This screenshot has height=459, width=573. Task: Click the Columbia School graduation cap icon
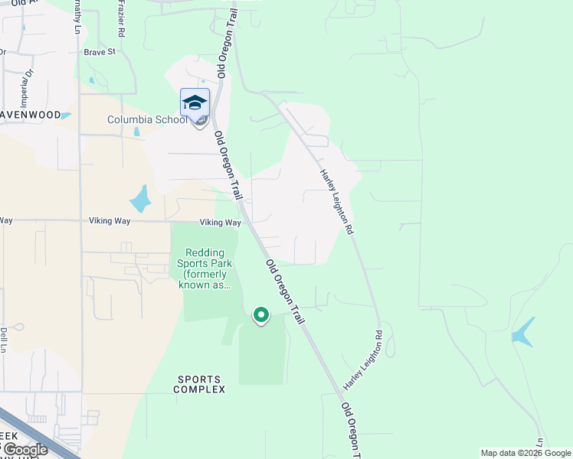click(x=195, y=103)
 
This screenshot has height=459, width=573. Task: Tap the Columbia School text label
click(x=146, y=119)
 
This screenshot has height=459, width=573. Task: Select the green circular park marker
click(x=261, y=314)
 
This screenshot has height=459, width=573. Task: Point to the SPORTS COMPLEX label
click(x=199, y=384)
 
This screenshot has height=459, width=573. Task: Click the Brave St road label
click(x=100, y=52)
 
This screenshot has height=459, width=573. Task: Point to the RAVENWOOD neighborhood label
click(x=31, y=115)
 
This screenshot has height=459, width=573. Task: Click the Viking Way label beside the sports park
click(x=221, y=223)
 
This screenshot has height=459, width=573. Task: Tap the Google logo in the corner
click(x=25, y=450)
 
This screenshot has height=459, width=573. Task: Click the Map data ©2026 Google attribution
click(x=526, y=453)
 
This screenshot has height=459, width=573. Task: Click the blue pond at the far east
click(x=523, y=333)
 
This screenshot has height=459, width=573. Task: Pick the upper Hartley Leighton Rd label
click(x=337, y=201)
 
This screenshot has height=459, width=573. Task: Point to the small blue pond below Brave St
click(x=91, y=80)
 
